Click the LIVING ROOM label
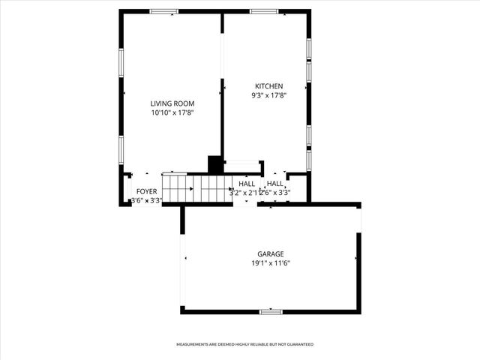tap(172, 103)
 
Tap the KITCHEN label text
tap(269, 85)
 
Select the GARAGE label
tap(271, 254)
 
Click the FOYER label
tap(147, 191)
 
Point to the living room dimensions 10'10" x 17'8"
tap(172, 113)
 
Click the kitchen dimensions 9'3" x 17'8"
tap(269, 95)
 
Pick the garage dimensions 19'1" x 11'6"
tap(271, 263)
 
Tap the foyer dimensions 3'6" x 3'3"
tap(147, 200)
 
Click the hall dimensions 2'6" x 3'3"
tap(276, 193)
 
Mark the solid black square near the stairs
tap(215, 165)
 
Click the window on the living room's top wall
tap(163, 11)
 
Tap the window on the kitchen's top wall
tap(264, 11)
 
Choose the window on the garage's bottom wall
tap(271, 310)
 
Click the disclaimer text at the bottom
tap(244, 344)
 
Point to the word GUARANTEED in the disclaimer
tap(298, 344)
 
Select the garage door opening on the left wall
tap(182, 259)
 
